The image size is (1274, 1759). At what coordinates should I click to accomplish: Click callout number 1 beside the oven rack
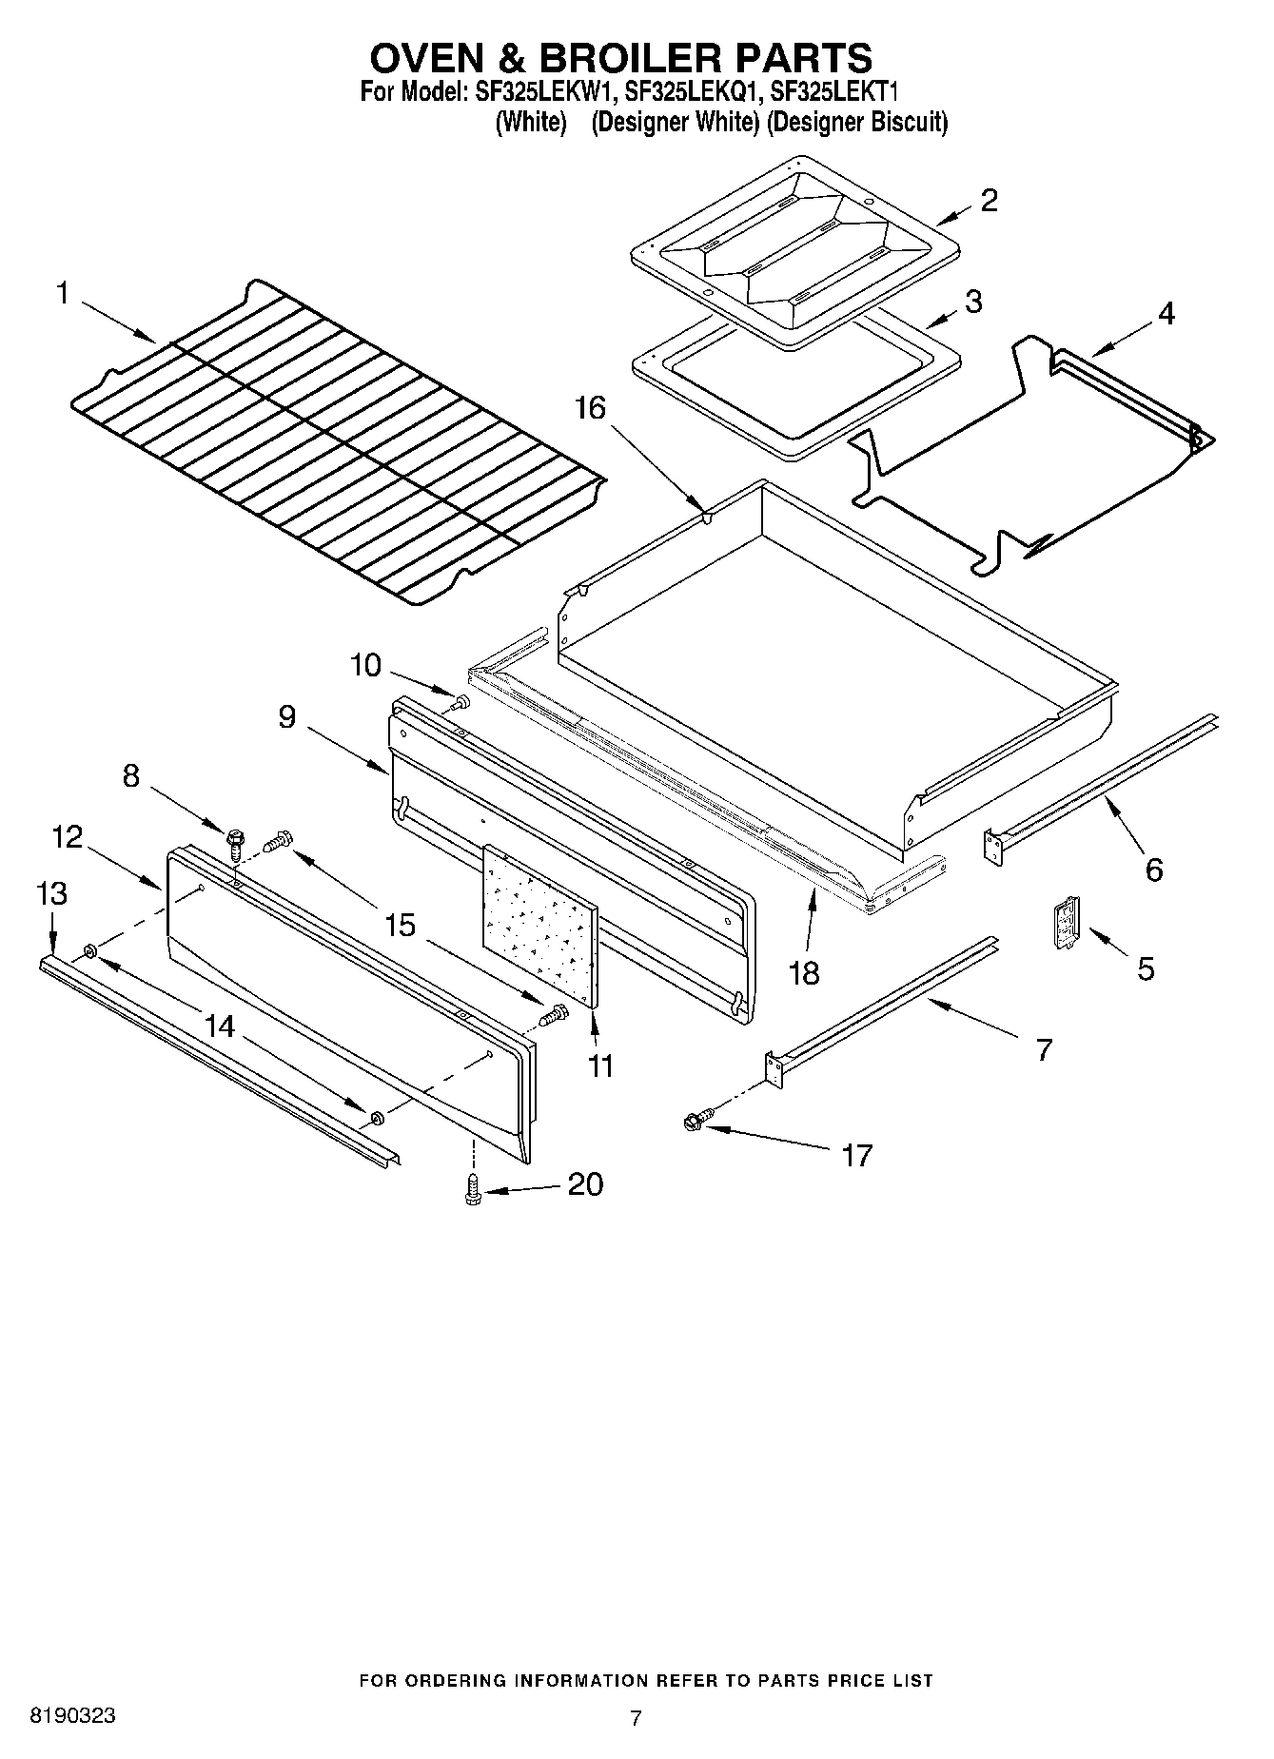pos(62,294)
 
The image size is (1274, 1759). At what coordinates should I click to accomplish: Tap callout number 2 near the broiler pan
pos(989,201)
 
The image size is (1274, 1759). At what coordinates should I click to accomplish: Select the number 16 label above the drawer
pos(589,408)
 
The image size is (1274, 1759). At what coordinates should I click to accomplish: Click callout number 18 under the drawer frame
pos(805,973)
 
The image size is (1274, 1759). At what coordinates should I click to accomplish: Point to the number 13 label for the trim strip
pos(51,893)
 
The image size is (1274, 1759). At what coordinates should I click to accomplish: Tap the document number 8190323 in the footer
pos(73,1715)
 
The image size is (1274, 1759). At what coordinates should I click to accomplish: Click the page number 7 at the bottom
pos(636,1717)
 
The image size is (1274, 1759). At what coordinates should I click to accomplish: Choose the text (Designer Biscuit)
pos(856,123)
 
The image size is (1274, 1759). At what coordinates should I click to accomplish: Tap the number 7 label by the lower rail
pos(1044,1049)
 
